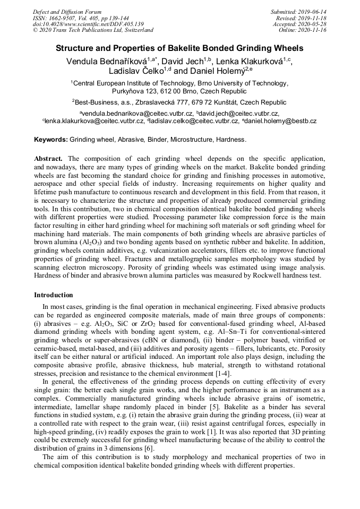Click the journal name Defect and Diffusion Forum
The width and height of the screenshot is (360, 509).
(67, 12)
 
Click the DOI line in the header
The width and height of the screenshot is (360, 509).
(88, 24)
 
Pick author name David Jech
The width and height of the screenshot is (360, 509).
(183, 62)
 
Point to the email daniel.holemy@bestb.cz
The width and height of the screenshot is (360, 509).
(281, 121)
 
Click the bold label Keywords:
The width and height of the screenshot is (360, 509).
(50, 140)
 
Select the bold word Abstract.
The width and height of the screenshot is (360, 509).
(48, 159)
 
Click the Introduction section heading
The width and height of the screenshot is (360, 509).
(54, 295)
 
